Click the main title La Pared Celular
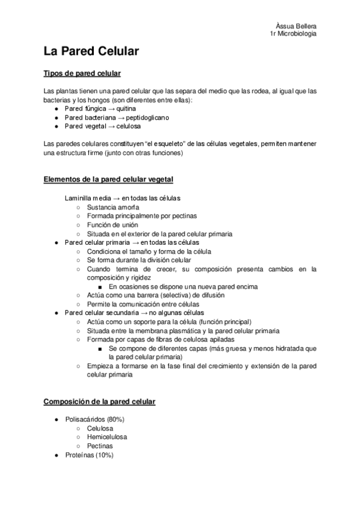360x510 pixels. [91, 52]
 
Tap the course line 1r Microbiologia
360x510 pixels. [294, 34]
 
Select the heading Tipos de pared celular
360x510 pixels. [82, 74]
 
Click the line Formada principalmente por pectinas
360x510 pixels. [141, 216]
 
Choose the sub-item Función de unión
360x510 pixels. [112, 225]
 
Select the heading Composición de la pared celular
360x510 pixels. [100, 401]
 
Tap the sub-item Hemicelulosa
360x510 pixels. [107, 437]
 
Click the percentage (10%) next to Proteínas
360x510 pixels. [103, 455]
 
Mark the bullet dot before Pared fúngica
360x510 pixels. [56, 109]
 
